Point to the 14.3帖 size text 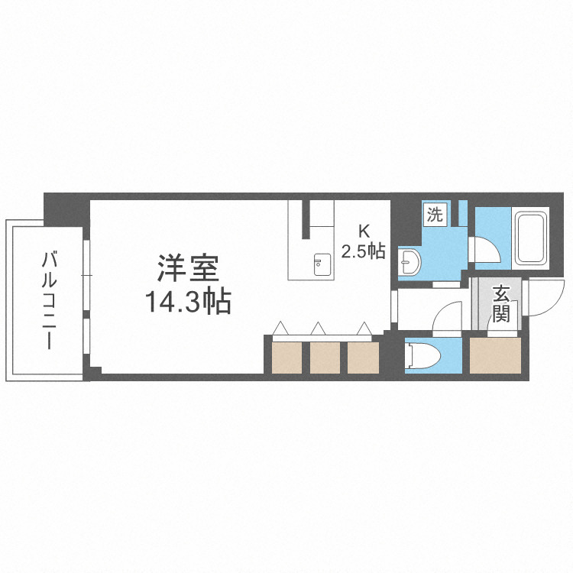[188, 303]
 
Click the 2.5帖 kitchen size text [363, 251]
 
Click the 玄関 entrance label [501, 303]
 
